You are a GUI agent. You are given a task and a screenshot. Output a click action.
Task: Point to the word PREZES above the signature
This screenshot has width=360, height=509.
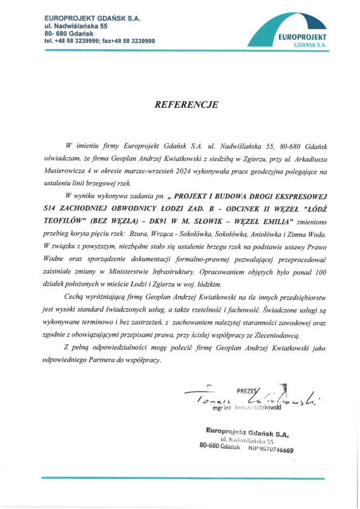[x=247, y=390]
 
